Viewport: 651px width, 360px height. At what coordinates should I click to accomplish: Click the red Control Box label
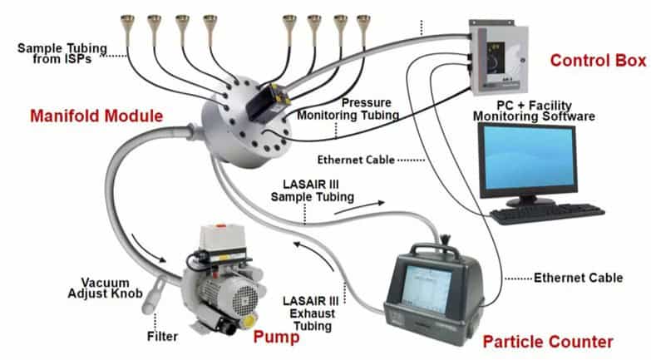coord(599,61)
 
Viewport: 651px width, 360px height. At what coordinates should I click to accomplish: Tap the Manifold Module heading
coord(96,116)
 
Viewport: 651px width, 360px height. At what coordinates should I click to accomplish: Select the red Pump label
coord(276,337)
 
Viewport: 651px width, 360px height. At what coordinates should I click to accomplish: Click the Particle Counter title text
coord(548,342)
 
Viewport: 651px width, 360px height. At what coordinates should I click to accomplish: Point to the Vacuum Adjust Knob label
coord(105,288)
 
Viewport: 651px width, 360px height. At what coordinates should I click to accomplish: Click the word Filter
coord(162,337)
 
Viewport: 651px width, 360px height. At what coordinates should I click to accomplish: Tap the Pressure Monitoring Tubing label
coord(348,109)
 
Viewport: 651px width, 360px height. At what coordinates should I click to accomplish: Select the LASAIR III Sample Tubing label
coord(313,190)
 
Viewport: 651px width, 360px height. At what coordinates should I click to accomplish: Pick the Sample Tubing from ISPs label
coord(62,53)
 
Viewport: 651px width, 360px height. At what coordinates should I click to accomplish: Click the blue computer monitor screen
coord(528,157)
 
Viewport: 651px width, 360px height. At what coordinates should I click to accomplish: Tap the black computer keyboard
coord(547,213)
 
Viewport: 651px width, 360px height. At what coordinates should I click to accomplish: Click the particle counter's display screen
coord(428,288)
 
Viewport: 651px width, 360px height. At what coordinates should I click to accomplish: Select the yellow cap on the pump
coord(249,322)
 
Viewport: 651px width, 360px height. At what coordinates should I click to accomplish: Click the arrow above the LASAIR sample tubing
coord(359,207)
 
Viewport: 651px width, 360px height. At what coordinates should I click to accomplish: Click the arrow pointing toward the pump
coord(147,248)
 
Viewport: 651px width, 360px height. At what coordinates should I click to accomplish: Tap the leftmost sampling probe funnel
coord(127,26)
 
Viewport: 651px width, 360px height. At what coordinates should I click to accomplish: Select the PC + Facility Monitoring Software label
coord(534,111)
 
